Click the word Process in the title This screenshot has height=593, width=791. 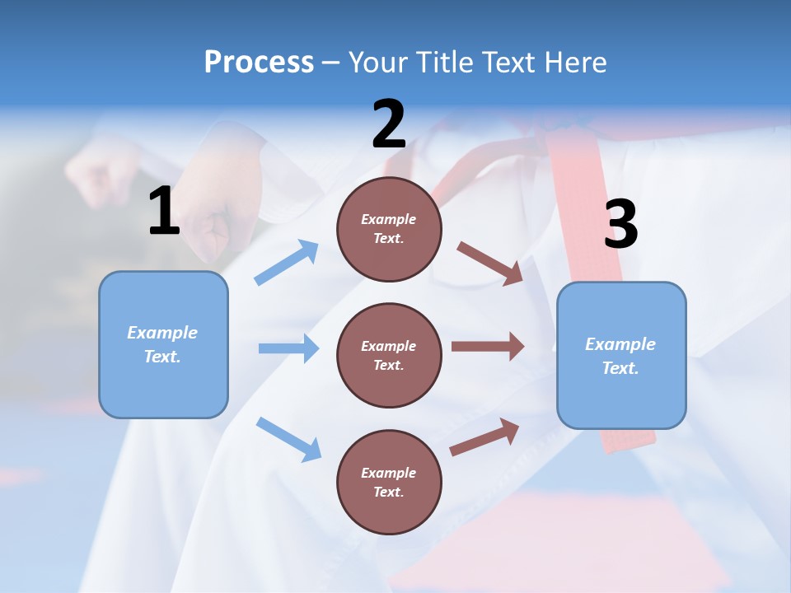tap(259, 63)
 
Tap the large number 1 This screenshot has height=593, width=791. tap(164, 212)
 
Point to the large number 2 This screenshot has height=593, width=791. tap(389, 125)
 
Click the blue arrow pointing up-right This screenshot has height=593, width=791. tap(287, 263)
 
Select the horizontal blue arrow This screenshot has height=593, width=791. tap(288, 348)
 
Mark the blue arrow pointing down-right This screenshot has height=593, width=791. tap(288, 438)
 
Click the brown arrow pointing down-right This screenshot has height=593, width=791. tap(490, 264)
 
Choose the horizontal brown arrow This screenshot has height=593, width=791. tap(488, 347)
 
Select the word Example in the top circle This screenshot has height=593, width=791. tap(389, 219)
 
